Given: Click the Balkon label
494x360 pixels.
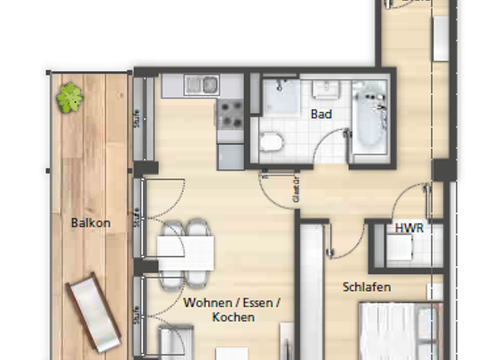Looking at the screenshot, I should tap(91, 224).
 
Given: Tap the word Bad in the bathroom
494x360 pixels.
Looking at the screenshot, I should tap(321, 114).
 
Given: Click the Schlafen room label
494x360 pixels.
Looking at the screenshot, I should tap(367, 287).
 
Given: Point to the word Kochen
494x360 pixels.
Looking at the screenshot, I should tap(233, 317).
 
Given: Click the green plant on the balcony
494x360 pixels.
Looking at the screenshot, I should tap(69, 98).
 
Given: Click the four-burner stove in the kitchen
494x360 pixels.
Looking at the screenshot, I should tap(230, 114).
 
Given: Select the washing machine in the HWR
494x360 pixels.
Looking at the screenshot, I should tap(399, 248).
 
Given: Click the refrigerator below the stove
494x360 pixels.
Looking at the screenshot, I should tap(230, 156).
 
